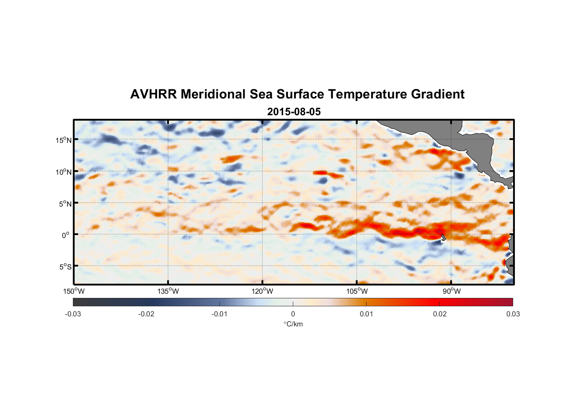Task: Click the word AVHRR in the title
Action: coord(153,94)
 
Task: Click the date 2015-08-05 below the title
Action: coord(294,112)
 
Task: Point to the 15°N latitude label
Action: coord(63,140)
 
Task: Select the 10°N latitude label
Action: coord(63,172)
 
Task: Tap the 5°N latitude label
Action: coord(65,204)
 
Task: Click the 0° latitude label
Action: coord(66,235)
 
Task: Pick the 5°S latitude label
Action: coord(65,267)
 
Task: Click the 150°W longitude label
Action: coord(74,291)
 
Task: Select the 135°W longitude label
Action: coord(168,291)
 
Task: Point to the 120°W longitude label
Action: coord(262,291)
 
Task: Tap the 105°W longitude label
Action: coord(357,291)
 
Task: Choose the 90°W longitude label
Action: coord(451,291)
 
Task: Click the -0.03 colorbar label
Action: coord(73,314)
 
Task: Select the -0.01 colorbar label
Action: coord(219,314)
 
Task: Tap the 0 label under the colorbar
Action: coord(293,314)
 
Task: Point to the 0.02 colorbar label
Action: coord(440,314)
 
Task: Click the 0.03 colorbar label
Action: coord(513,314)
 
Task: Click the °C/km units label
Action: coord(293,324)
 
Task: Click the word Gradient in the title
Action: coord(438,94)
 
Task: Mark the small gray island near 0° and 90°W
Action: coord(443,238)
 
